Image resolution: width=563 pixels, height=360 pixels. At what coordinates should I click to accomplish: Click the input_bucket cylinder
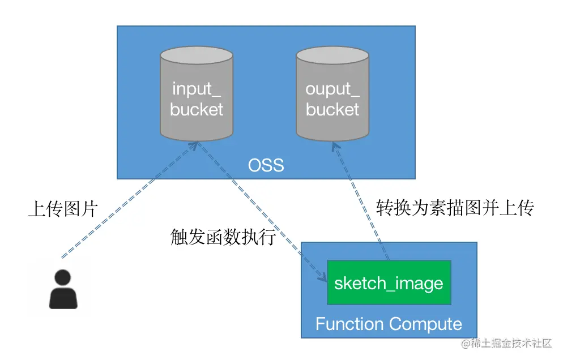pos(197,96)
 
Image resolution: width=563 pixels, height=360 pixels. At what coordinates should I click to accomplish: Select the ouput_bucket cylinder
pos(332,96)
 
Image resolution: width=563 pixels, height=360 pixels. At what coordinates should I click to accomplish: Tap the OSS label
pos(266,166)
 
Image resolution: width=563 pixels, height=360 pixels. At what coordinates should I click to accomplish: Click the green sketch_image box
pos(389,283)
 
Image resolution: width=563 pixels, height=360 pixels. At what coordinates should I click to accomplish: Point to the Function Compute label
pos(389,324)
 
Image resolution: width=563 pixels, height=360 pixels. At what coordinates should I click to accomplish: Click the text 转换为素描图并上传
pos(455,209)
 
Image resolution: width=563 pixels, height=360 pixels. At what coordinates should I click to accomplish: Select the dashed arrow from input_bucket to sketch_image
pos(261,209)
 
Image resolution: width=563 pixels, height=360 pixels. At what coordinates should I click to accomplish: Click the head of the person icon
pos(63,277)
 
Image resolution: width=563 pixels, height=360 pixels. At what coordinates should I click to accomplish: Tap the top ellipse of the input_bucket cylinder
pos(197,55)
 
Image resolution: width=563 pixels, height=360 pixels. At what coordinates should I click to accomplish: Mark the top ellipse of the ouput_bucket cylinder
pos(332,55)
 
